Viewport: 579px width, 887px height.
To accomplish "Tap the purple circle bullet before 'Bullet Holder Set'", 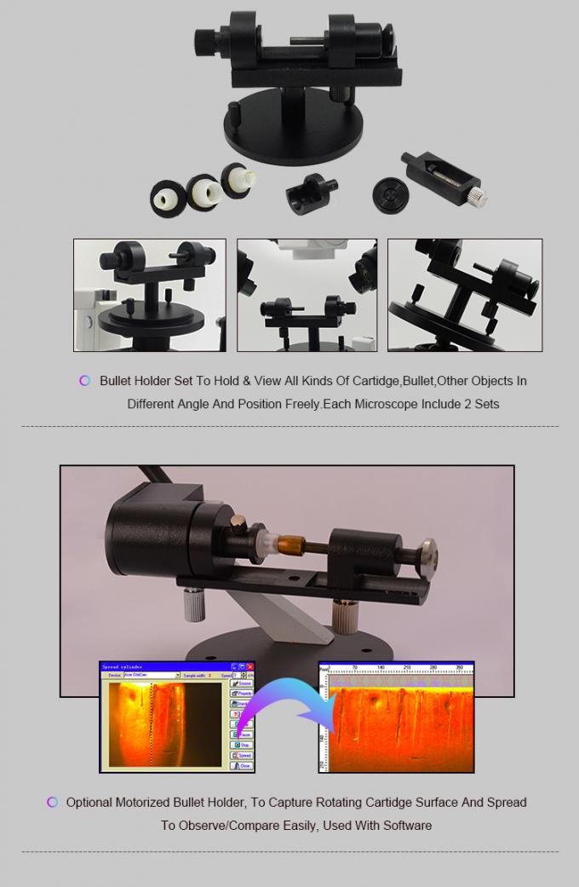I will point(84,381).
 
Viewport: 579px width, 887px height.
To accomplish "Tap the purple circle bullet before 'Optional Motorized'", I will point(52,802).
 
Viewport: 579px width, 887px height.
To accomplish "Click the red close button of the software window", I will point(250,665).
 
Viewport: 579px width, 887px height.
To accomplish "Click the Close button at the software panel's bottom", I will point(244,766).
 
